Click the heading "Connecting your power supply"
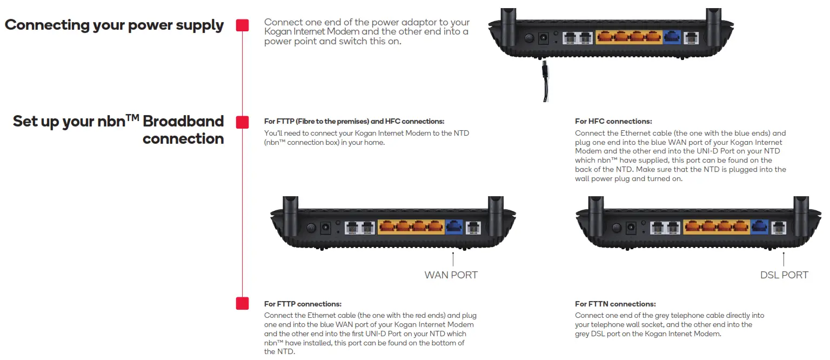pyautogui.click(x=114, y=25)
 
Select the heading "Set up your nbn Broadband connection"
pyautogui.click(x=118, y=130)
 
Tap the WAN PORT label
pyautogui.click(x=451, y=275)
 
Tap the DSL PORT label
pyautogui.click(x=784, y=275)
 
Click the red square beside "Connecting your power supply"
pyautogui.click(x=243, y=25)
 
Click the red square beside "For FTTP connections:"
pyautogui.click(x=243, y=303)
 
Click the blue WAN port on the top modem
pyautogui.click(x=672, y=37)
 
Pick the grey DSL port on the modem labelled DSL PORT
pyautogui.click(x=779, y=227)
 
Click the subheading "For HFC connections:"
pyautogui.click(x=613, y=122)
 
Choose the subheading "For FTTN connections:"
pyautogui.click(x=615, y=304)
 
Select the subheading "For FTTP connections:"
pyautogui.click(x=303, y=304)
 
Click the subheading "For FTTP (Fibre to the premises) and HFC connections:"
pyautogui.click(x=354, y=122)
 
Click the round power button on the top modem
pyautogui.click(x=528, y=38)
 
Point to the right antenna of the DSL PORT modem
pyautogui.click(x=800, y=208)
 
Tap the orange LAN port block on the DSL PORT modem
pyautogui.click(x=716, y=227)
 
